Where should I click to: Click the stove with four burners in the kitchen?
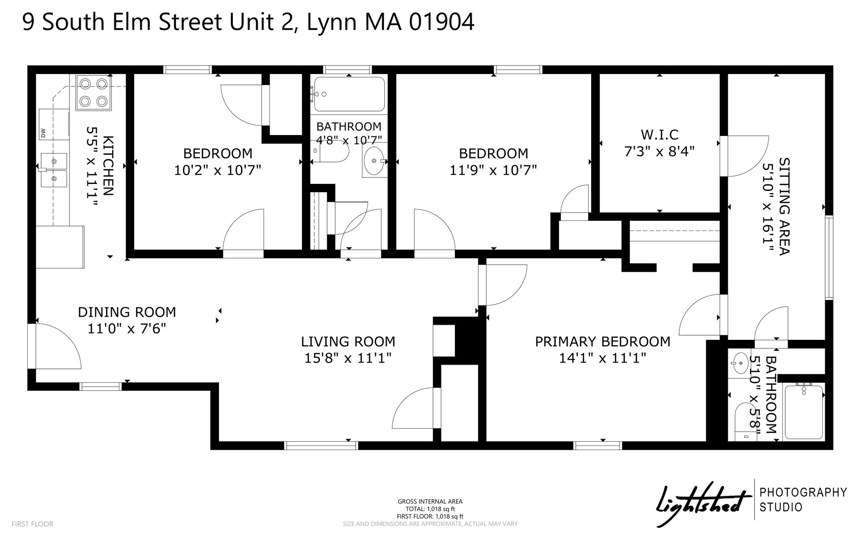(x=93, y=93)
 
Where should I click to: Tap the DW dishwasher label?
(x=43, y=133)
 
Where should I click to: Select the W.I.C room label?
(x=659, y=135)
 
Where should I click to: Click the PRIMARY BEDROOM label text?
(x=602, y=342)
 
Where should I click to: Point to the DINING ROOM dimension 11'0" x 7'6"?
(x=127, y=328)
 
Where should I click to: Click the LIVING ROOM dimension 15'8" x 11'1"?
(x=348, y=358)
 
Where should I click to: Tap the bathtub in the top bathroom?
(x=349, y=94)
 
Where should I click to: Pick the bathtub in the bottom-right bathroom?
(x=803, y=412)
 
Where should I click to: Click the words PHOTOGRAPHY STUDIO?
(x=803, y=500)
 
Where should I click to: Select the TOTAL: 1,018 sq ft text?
(x=430, y=509)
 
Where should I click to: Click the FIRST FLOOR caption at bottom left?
(x=32, y=524)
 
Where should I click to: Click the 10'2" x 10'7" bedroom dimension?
(x=218, y=170)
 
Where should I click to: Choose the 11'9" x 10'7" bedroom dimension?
(x=493, y=170)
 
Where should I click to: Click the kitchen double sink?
(x=54, y=170)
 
